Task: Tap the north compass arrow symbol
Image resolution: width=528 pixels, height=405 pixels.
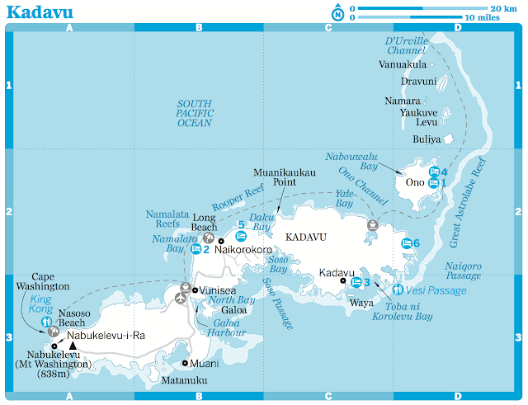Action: [x=337, y=12]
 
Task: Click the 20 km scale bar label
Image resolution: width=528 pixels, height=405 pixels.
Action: [x=502, y=7]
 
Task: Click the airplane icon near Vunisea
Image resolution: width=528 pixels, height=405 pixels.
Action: [x=181, y=298]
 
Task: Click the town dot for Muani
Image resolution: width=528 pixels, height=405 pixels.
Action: [x=186, y=363]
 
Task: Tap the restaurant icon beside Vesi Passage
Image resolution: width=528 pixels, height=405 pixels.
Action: [x=398, y=290]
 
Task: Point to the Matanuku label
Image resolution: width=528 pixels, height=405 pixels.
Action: [x=184, y=380]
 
